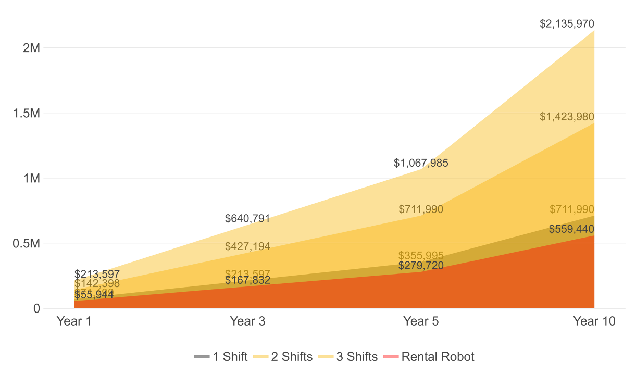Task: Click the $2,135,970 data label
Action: [567, 23]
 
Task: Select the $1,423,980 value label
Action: [567, 117]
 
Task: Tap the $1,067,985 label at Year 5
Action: [421, 163]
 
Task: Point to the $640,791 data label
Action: [247, 219]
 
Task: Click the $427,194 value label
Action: [247, 246]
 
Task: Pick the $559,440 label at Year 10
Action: [571, 229]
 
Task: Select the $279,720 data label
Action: [421, 266]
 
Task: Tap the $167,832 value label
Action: [247, 280]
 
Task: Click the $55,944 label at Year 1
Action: [94, 294]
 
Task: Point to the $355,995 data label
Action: [421, 256]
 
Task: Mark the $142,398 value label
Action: [97, 284]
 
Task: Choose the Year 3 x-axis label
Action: [247, 321]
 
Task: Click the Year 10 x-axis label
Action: [594, 321]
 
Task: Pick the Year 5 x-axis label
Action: [421, 321]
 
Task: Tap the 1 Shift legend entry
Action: [230, 357]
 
